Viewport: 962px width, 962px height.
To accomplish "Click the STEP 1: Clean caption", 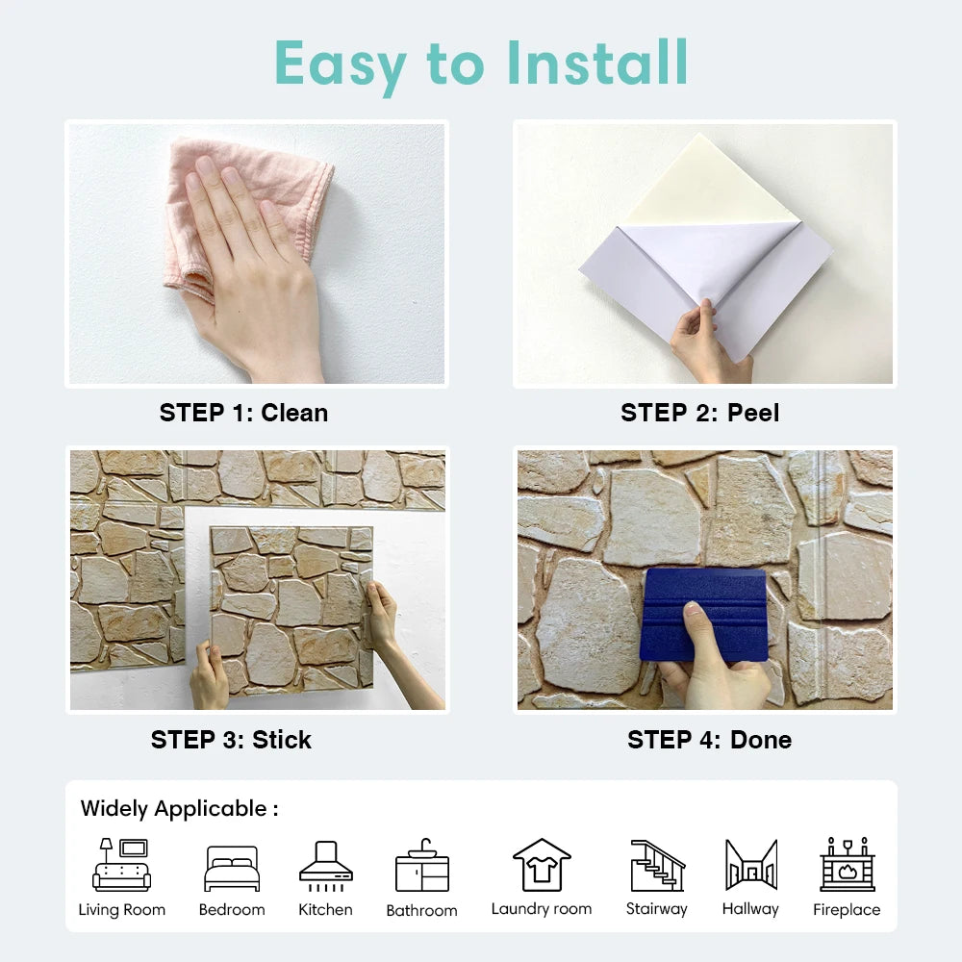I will click(243, 413).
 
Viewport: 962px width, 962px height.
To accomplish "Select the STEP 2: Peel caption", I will click(699, 413).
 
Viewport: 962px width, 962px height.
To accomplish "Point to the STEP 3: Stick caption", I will click(231, 740).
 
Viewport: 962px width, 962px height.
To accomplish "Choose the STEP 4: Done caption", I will click(709, 740).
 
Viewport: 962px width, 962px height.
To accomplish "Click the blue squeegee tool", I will click(704, 614).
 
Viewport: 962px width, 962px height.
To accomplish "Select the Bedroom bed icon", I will click(232, 868).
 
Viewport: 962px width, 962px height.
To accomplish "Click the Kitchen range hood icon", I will click(325, 864).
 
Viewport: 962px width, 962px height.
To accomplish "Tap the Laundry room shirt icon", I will click(542, 864).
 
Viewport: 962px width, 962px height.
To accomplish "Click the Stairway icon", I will click(657, 864).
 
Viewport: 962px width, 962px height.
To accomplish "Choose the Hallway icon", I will click(750, 864).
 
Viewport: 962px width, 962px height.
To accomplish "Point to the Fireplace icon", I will click(847, 864).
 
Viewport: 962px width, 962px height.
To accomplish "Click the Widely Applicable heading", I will click(179, 808).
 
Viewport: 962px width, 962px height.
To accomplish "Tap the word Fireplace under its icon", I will click(847, 910).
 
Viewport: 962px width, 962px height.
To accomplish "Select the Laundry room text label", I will click(542, 909).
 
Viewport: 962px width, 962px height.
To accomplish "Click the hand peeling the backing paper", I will click(707, 342).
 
